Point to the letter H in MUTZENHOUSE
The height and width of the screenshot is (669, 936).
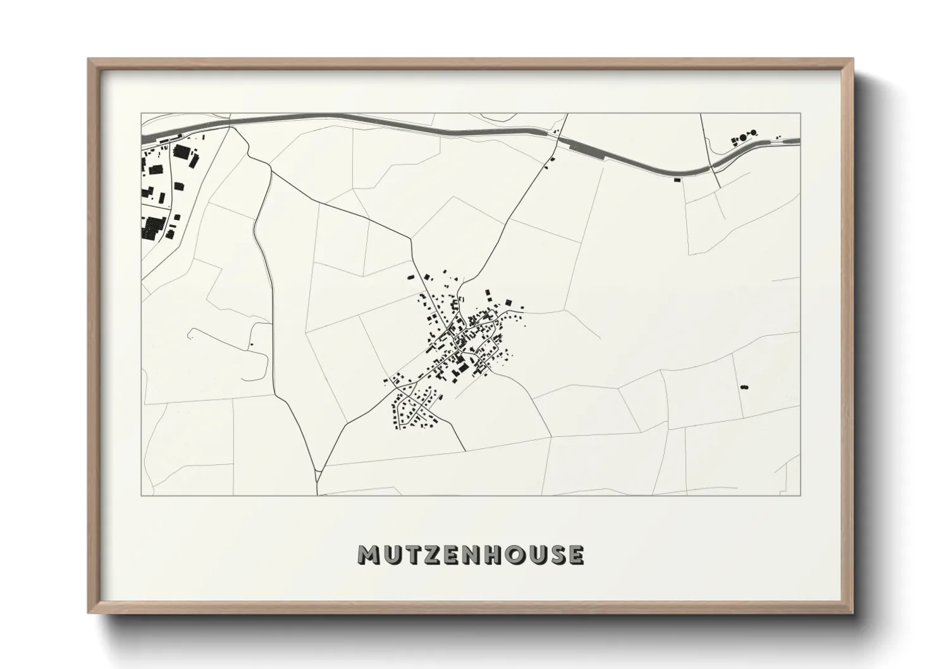(493, 555)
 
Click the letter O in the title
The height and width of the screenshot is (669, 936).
(515, 555)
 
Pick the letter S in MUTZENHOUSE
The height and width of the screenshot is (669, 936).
(556, 555)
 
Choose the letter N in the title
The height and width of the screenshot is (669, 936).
(472, 555)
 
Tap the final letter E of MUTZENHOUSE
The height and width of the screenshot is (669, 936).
(576, 555)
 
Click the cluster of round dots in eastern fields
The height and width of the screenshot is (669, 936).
(744, 386)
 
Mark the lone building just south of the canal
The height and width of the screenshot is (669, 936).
(678, 180)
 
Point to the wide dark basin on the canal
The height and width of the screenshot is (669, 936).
(591, 150)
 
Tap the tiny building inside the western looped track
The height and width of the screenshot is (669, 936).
(252, 344)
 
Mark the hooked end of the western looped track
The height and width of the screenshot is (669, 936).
(190, 333)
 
